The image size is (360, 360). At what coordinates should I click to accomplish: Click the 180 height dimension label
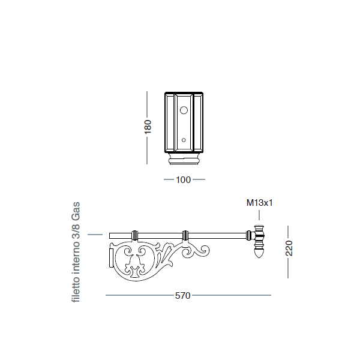click(148, 127)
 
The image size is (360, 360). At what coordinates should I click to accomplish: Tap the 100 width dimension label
click(184, 180)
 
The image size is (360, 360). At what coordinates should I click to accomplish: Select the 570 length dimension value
click(183, 295)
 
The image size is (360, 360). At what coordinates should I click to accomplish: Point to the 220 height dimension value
click(289, 248)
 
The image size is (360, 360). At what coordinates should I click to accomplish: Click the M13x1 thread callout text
click(259, 203)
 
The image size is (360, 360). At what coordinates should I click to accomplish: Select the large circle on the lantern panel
click(184, 110)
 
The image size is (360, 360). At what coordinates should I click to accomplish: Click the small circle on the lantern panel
click(184, 140)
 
